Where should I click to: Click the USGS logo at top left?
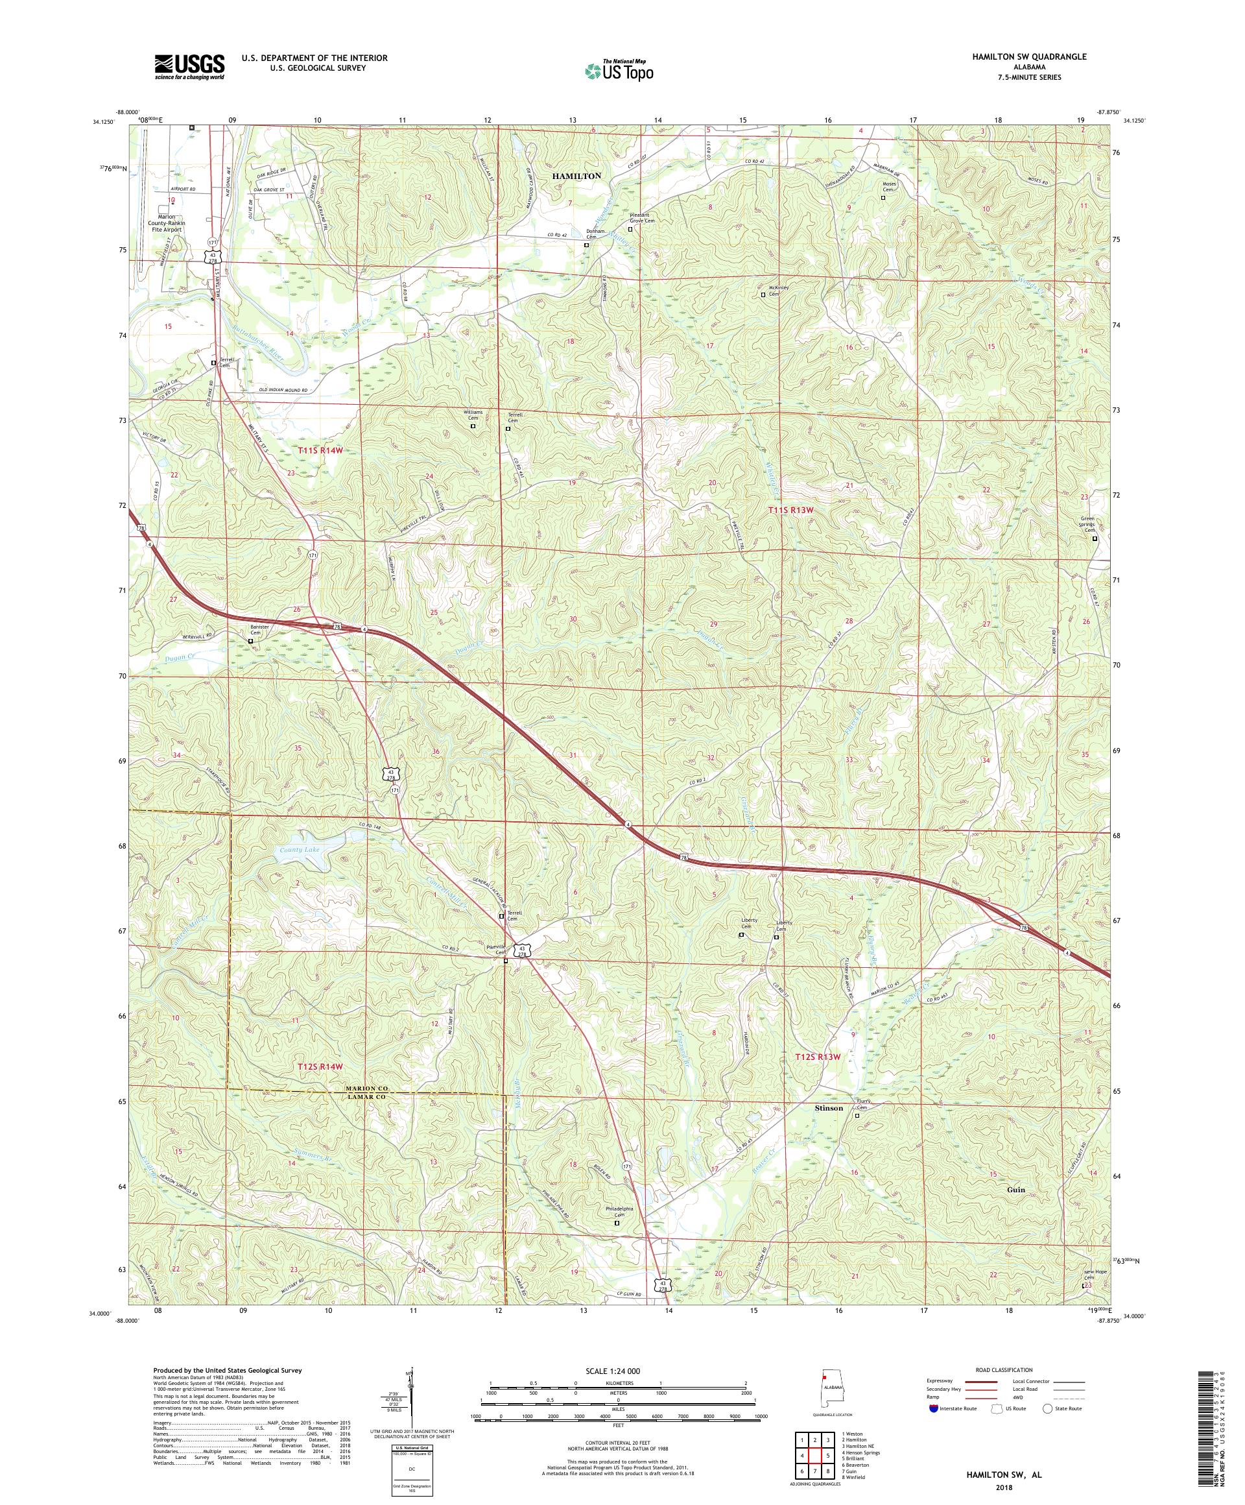click(x=189, y=67)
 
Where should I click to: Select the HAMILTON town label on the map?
click(x=576, y=176)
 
